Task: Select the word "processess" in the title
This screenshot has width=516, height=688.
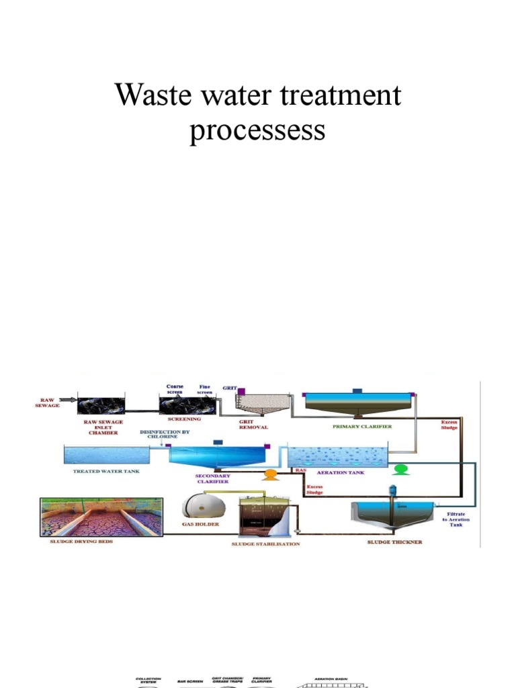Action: (x=257, y=129)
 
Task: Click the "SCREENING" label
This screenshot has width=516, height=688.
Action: (x=184, y=419)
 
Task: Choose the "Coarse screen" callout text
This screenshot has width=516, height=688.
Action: (x=175, y=389)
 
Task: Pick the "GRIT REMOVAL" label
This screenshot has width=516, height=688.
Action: (x=254, y=424)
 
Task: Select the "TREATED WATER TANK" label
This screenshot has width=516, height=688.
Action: (x=106, y=472)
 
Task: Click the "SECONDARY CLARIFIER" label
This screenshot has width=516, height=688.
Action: (x=212, y=478)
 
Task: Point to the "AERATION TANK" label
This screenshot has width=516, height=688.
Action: (x=345, y=472)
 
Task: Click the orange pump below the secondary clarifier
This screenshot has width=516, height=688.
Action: (x=270, y=475)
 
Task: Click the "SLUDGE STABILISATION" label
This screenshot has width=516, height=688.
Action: (x=265, y=544)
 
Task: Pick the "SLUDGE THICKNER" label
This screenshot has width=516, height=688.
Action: (x=394, y=542)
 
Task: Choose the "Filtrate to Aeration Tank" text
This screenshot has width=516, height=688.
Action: (x=456, y=520)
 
